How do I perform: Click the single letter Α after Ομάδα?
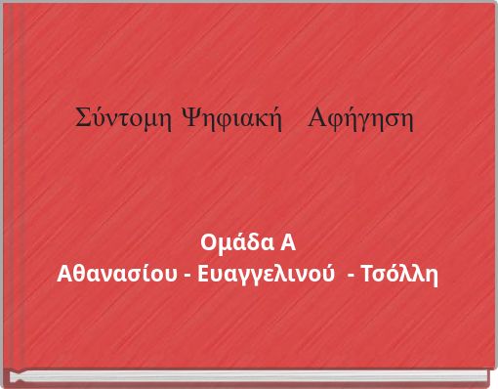point(287,242)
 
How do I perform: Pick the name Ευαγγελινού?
point(266,272)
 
